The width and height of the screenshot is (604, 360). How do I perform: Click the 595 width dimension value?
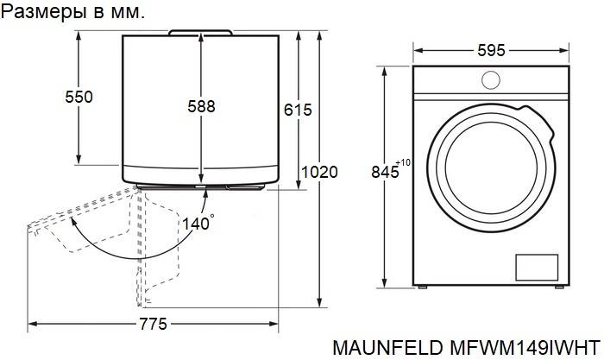pos(491,50)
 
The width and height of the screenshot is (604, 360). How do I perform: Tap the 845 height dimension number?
pos(385,172)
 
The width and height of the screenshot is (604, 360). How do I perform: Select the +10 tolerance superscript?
pos(403,162)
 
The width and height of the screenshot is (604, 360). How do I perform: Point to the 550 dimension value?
pos(79,97)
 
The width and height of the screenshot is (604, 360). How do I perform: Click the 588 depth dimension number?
pos(201,106)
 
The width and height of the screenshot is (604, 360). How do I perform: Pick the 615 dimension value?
pos(298,110)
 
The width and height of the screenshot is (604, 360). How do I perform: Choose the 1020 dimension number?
pos(319,172)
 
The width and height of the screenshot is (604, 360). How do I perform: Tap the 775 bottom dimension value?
pos(154,324)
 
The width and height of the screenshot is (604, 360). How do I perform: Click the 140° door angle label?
pos(198,224)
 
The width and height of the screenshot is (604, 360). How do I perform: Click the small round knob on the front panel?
pos(491,80)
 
